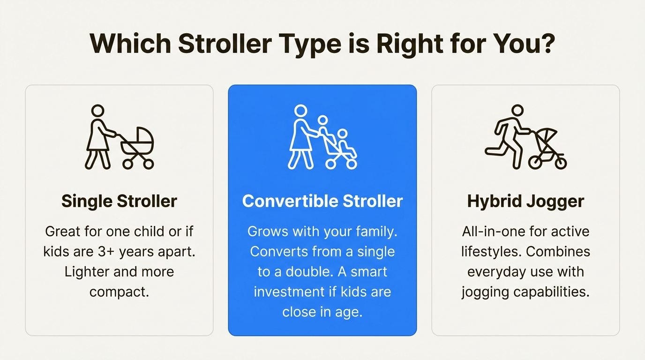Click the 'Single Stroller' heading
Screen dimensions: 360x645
119,201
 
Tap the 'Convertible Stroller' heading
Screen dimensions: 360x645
322,201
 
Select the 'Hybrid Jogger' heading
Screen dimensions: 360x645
525,201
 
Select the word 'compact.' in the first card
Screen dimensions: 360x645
119,292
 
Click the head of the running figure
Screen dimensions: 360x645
517,111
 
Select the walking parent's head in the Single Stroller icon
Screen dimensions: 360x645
97,111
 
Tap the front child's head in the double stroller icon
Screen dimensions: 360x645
343,134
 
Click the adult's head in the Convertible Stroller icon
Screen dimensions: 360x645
300,111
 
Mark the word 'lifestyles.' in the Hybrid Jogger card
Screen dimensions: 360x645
490,251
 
